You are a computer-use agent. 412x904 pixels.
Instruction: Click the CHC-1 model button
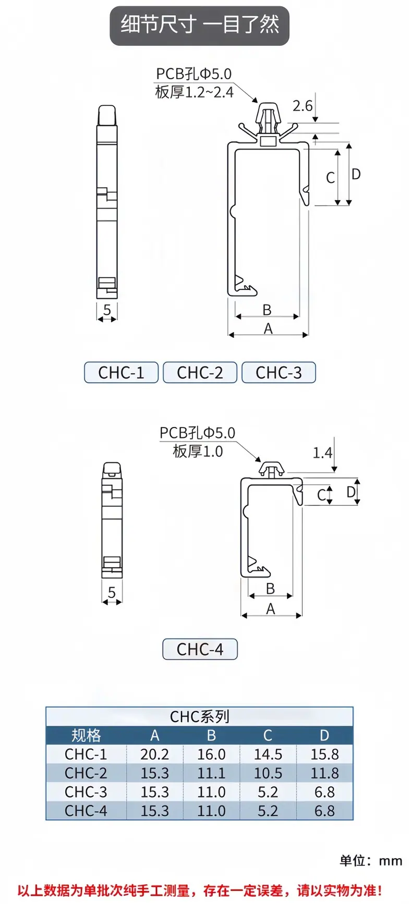121,373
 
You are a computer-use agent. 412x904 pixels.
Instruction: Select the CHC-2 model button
200,373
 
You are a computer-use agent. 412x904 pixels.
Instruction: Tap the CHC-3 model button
278,373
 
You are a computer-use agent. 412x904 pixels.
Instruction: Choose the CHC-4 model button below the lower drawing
200,649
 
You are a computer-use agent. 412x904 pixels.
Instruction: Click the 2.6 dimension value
302,106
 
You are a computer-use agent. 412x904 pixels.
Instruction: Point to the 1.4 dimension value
322,453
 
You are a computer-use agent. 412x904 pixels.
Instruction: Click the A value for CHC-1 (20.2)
154,754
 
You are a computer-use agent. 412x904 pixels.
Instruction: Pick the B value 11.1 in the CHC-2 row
211,773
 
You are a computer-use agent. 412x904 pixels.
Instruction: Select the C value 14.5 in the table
268,754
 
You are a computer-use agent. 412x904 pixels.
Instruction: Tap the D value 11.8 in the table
324,773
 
